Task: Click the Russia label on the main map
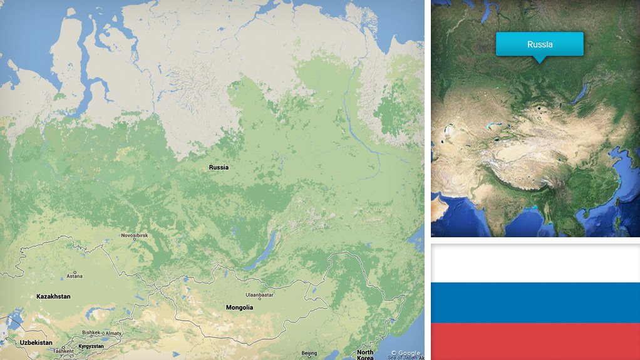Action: point(219,167)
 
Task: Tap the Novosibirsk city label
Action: point(134,235)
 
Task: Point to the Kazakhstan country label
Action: point(53,296)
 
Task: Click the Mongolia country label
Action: point(239,307)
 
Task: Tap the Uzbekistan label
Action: point(36,342)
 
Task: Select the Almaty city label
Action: point(113,332)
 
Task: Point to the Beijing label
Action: point(309,354)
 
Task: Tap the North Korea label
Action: point(365,354)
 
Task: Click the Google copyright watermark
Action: point(406,353)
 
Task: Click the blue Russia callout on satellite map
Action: point(539,44)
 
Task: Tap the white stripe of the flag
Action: point(535,264)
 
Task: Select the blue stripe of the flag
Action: point(535,302)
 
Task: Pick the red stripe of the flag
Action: point(535,341)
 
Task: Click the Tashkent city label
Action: point(63,351)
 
